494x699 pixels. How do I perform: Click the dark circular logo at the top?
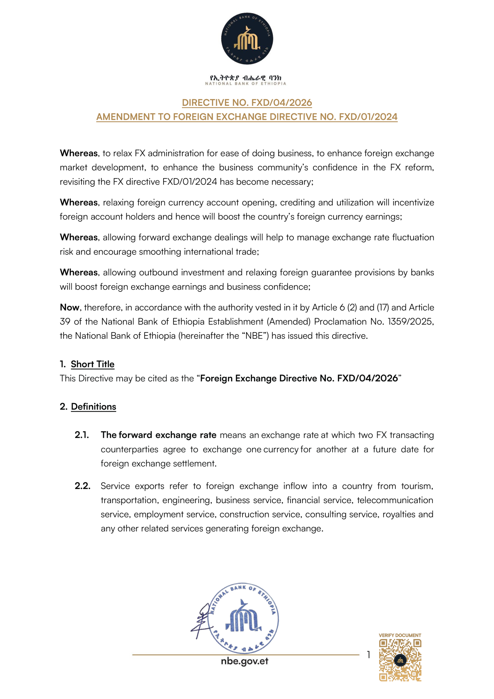[247, 39]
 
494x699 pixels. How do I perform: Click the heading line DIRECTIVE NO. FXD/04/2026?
[247, 102]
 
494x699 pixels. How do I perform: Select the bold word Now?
[69, 308]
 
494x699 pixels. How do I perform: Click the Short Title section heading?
[93, 364]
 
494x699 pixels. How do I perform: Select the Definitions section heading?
[94, 406]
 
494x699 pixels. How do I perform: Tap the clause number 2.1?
[82, 435]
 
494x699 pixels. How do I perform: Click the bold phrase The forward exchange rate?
[158, 435]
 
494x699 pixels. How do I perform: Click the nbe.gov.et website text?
[244, 661]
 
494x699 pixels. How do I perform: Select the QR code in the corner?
[400, 660]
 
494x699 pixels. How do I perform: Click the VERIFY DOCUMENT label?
[400, 635]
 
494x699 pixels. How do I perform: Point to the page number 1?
[368, 654]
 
